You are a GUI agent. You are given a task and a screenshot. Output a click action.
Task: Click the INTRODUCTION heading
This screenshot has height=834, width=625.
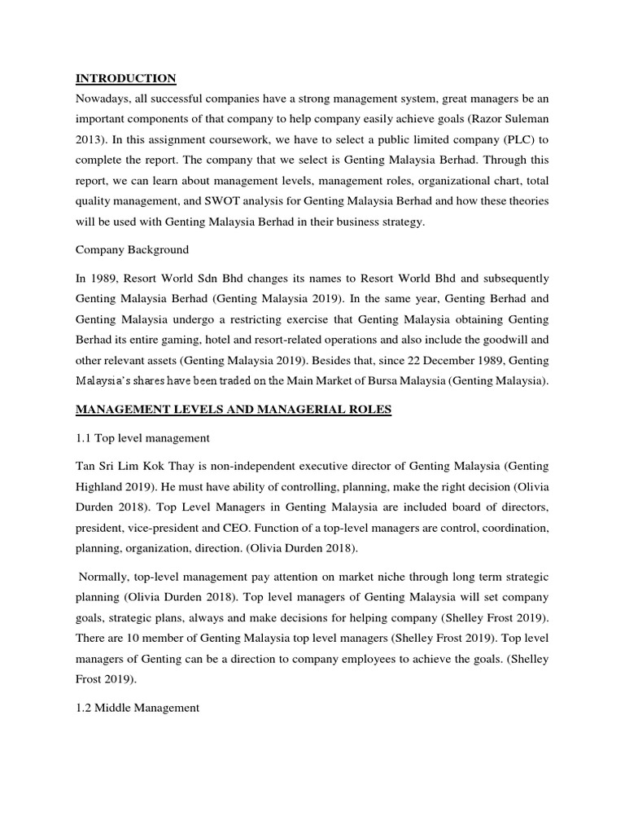(x=125, y=78)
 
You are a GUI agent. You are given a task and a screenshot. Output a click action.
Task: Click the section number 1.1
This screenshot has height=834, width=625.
(x=85, y=438)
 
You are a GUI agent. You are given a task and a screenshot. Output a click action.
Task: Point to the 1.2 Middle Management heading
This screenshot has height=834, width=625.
(x=138, y=708)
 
